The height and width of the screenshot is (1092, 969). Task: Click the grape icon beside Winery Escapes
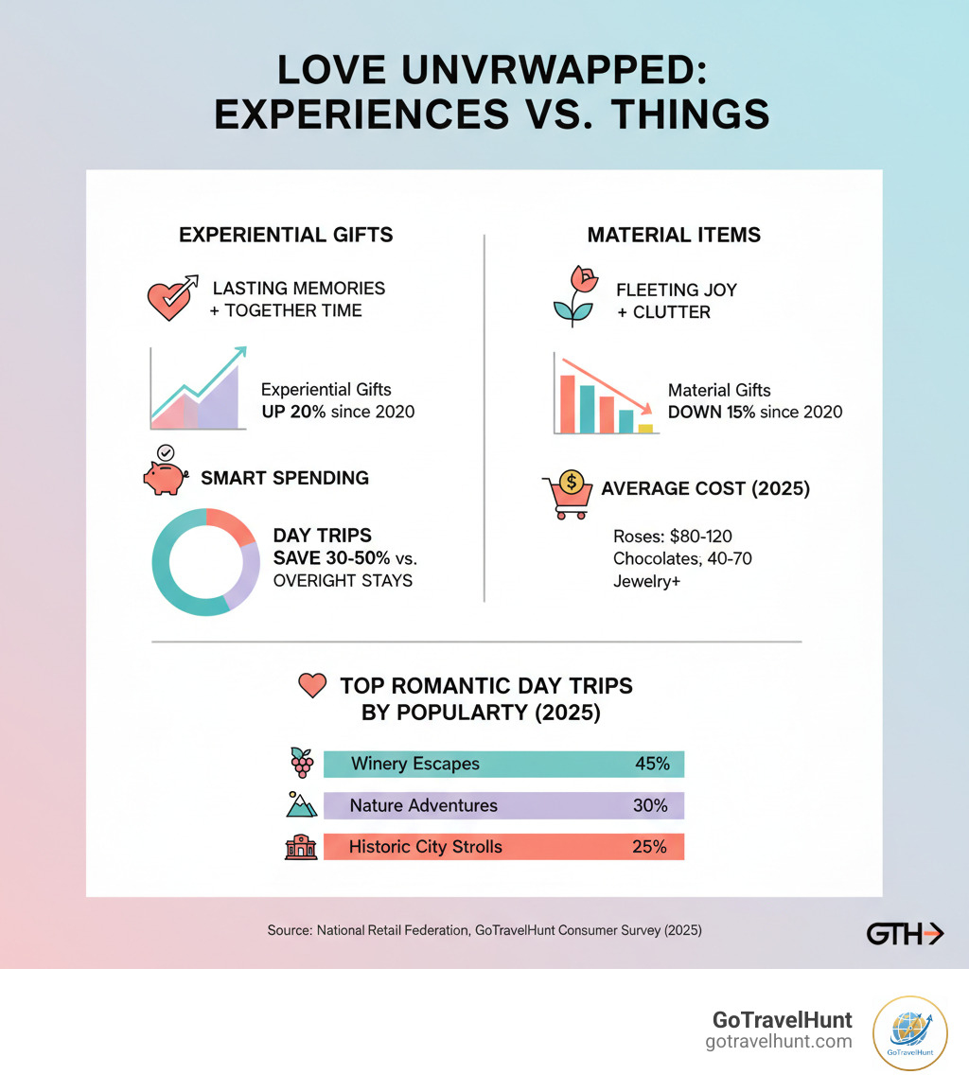(301, 763)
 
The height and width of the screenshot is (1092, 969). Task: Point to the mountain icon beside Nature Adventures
(301, 804)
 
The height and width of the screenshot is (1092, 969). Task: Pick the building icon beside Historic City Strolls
(301, 846)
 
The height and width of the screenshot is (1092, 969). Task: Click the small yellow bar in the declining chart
(645, 428)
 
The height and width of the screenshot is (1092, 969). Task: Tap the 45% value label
(651, 764)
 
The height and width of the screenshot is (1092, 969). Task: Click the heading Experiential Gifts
(286, 235)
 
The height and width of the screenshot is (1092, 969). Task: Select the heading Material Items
(674, 235)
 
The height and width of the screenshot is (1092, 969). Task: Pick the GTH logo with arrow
(905, 934)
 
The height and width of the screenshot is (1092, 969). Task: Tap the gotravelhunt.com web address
(779, 1042)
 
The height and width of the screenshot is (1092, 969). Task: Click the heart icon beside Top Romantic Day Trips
(311, 686)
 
